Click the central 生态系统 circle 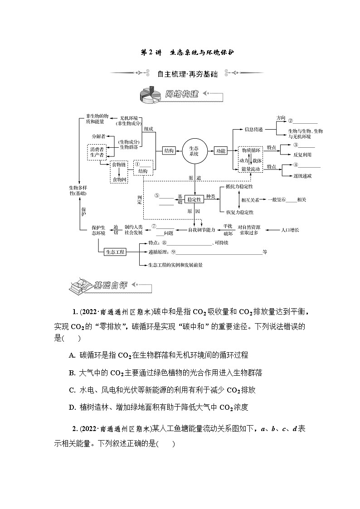[x=194, y=151]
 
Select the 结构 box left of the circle [x=169, y=151]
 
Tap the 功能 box [x=220, y=151]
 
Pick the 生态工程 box [x=115, y=252]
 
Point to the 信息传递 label [x=253, y=129]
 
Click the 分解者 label [x=98, y=136]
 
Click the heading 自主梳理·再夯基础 [x=187, y=74]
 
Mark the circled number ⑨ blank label [x=173, y=252]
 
